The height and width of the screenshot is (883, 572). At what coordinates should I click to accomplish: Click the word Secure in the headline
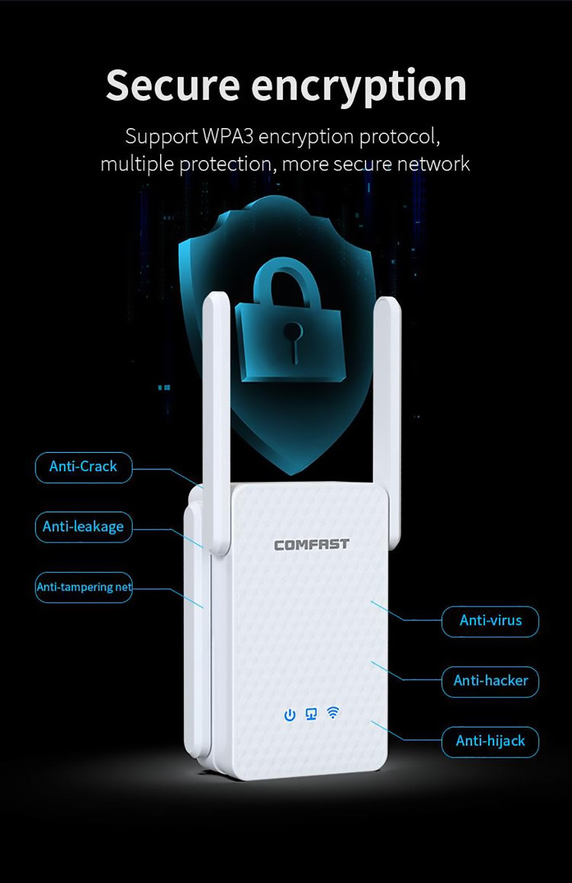click(172, 86)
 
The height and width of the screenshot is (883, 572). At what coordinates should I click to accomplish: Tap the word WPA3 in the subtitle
click(230, 137)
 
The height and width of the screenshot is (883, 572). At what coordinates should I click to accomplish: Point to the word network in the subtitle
click(433, 164)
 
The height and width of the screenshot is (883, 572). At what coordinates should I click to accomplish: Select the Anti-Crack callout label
click(84, 467)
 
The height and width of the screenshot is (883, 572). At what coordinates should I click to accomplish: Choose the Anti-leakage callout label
click(84, 527)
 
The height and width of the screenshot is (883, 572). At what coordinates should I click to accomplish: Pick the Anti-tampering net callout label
click(84, 587)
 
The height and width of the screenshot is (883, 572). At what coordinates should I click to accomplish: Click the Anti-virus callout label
click(490, 621)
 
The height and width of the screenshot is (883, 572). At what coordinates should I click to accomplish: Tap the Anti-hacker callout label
click(490, 681)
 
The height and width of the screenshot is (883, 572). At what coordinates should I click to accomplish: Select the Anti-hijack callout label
click(490, 742)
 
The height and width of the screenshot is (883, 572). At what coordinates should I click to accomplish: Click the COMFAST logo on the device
click(311, 544)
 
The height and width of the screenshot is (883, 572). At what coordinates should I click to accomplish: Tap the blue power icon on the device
click(290, 715)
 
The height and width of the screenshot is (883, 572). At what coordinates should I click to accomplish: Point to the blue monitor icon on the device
click(311, 714)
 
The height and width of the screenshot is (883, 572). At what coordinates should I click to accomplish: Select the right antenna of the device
click(386, 400)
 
